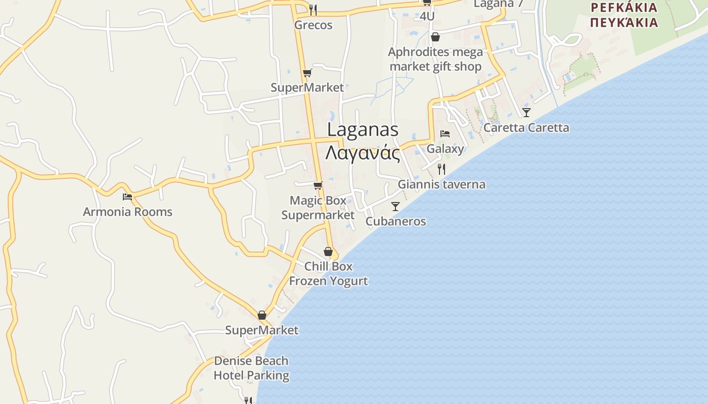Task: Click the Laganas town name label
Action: click(363, 129)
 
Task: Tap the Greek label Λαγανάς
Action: click(363, 152)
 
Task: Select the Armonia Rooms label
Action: click(127, 212)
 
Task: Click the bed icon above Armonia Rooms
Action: click(127, 196)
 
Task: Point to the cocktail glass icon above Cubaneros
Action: click(395, 206)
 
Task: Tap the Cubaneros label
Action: click(395, 221)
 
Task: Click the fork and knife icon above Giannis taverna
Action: click(441, 169)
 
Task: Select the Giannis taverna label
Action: click(441, 184)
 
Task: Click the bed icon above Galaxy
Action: click(445, 134)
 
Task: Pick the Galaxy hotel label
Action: click(445, 148)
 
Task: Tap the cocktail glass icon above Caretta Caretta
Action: click(526, 112)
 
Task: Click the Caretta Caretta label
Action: click(526, 127)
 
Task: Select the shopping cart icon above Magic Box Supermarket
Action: click(318, 186)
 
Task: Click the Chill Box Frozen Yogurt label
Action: click(328, 273)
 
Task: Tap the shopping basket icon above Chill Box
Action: click(328, 251)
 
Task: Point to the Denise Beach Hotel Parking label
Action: click(251, 368)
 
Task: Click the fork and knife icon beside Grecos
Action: click(313, 10)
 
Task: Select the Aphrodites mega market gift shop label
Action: click(435, 59)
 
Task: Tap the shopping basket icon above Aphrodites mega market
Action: click(435, 37)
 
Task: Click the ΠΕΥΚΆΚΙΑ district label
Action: click(624, 22)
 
